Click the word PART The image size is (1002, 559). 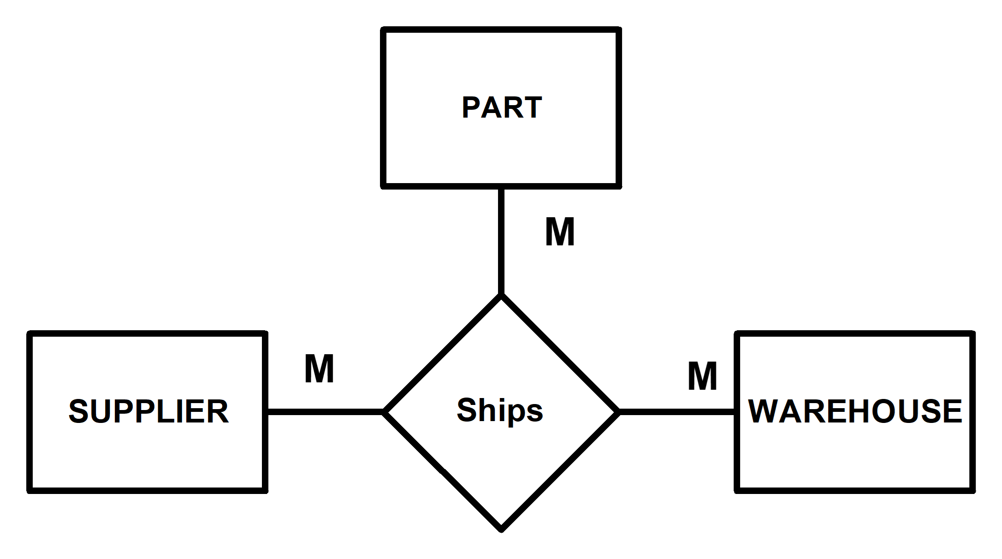pos(501,107)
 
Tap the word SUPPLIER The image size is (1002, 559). pos(148,411)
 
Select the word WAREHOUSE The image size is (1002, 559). pos(854,411)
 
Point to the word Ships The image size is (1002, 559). pos(500,410)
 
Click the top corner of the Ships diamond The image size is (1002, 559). pos(501,301)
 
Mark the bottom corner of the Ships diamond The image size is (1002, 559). pos(501,524)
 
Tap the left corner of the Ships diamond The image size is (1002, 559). pos(389,412)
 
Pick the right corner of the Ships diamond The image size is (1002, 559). pos(613,412)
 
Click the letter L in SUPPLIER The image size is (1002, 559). pos(173,411)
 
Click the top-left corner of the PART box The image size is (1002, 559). pos(387,33)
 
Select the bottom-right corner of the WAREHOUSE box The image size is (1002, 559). pos(968,487)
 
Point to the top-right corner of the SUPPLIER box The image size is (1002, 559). pos(261,338)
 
